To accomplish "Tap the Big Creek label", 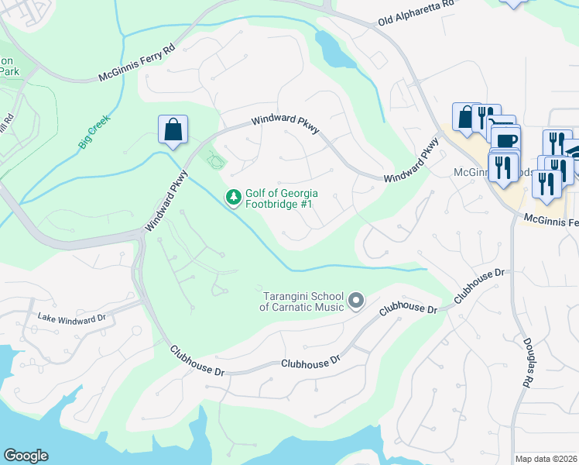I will [94, 132].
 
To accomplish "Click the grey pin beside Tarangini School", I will [356, 300].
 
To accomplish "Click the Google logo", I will [26, 456].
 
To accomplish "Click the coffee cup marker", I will [506, 141].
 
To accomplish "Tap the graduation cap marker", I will [574, 150].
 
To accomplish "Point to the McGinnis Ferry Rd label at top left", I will [138, 67].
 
